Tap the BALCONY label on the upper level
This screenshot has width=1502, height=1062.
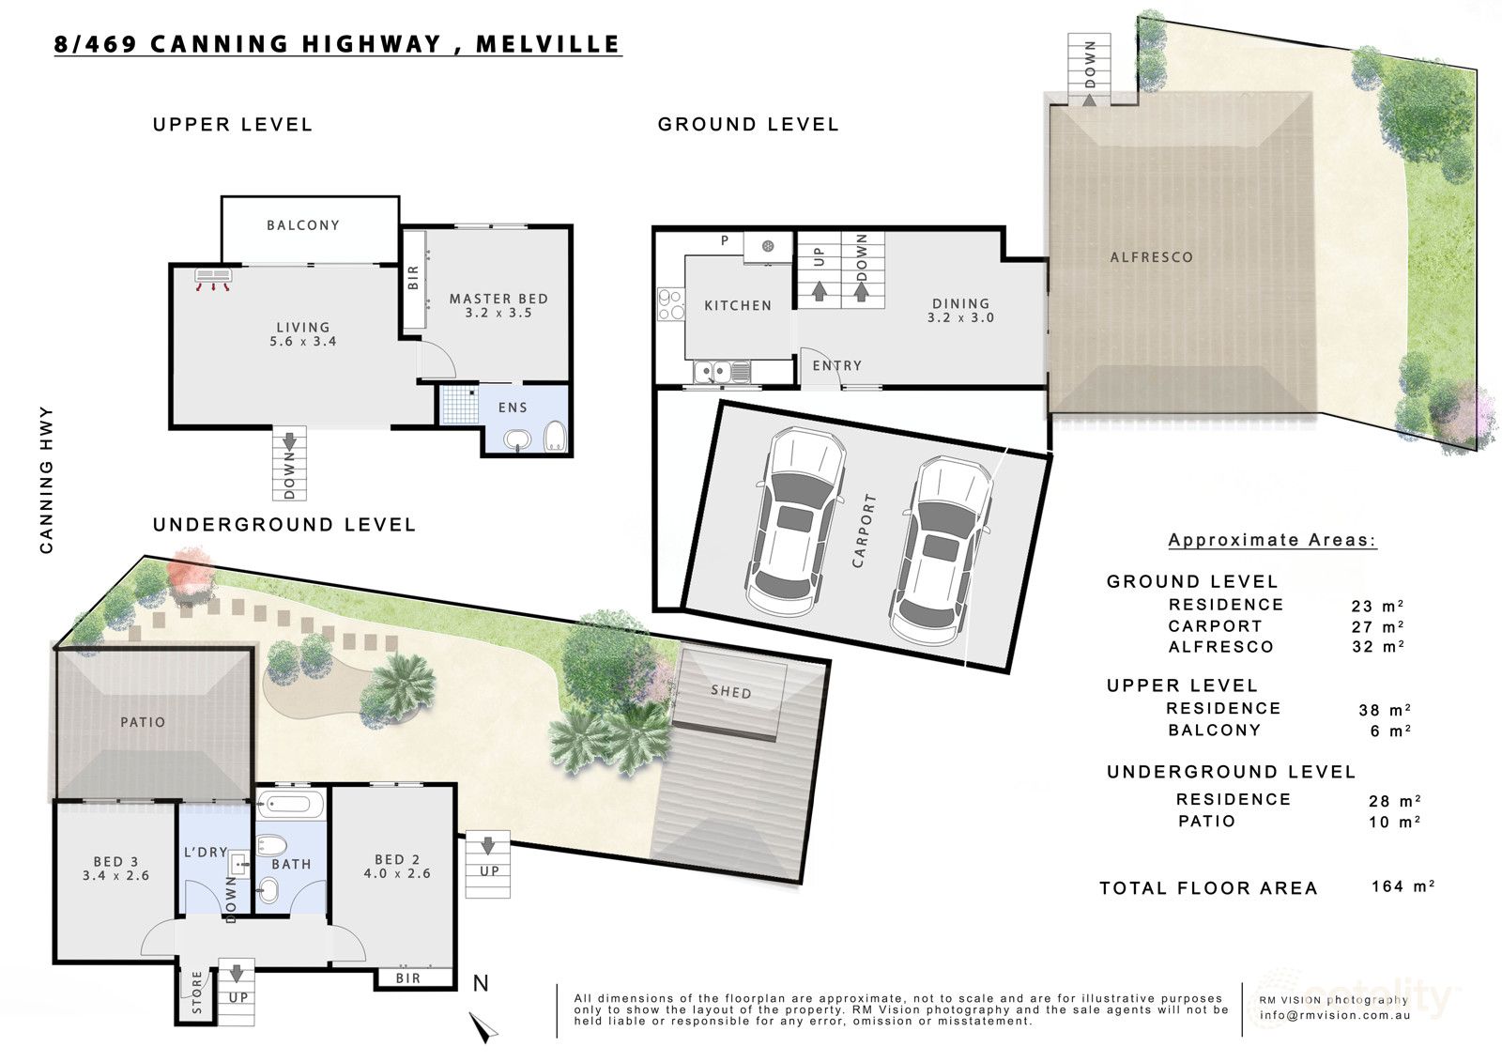coord(303,225)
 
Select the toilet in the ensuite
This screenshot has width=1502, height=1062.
coord(555,437)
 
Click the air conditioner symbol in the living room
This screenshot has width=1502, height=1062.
coord(213,280)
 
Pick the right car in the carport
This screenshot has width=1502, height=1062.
coord(940,551)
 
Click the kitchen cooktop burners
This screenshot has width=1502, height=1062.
coord(670,304)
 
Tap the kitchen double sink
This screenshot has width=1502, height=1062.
coord(722,371)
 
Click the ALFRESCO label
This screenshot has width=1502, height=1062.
coord(1151,257)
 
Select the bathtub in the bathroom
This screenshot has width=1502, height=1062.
coord(290,803)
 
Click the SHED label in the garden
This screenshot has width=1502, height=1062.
coord(731,692)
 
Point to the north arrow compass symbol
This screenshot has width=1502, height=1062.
coord(483,1026)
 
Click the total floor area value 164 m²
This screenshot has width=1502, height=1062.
coord(1402,886)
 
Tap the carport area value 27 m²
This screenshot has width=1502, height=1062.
coord(1377,626)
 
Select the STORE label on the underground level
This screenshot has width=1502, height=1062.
coord(197,993)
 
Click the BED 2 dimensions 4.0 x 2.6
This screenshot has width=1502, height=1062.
coord(397,873)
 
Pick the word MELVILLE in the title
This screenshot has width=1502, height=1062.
coord(547,44)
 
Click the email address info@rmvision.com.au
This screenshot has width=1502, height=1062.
coord(1334,1015)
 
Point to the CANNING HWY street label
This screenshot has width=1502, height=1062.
coord(46,480)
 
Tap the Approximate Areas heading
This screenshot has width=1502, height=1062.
coord(1272,540)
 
